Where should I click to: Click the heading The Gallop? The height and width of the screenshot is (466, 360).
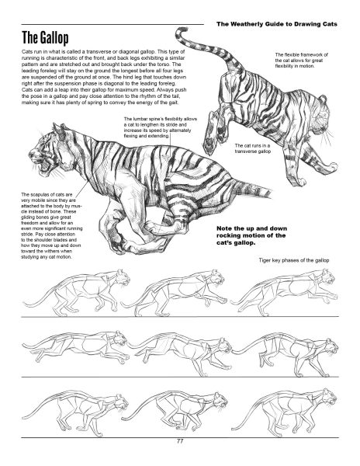pyautogui.click(x=45, y=38)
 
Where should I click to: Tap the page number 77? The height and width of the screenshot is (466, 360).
pyautogui.click(x=180, y=441)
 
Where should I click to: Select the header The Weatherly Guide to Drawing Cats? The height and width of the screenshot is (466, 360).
pyautogui.click(x=277, y=24)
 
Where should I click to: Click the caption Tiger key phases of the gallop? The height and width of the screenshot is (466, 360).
pyautogui.click(x=294, y=260)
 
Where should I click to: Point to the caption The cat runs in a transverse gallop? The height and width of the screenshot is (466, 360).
pyautogui.click(x=253, y=148)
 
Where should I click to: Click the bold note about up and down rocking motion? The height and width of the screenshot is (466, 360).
pyautogui.click(x=251, y=235)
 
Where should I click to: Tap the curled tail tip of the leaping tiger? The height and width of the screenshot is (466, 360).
pyautogui.click(x=181, y=31)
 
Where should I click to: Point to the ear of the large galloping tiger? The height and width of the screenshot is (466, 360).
pyautogui.click(x=59, y=129)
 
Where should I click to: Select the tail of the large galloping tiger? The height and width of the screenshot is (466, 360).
pyautogui.click(x=252, y=188)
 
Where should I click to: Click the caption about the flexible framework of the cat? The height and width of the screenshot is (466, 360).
pyautogui.click(x=302, y=61)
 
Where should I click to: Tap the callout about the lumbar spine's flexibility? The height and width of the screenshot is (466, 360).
pyautogui.click(x=161, y=127)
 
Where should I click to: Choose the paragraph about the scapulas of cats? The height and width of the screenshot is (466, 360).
pyautogui.click(x=52, y=225)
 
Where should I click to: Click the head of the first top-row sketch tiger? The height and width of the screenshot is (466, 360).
pyautogui.click(x=123, y=277)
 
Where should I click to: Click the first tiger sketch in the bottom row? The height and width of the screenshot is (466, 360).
pyautogui.click(x=75, y=414)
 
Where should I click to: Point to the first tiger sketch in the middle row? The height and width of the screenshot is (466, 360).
pyautogui.click(x=75, y=347)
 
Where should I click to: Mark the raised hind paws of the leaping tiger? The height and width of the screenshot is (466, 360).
pyautogui.click(x=213, y=130)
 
